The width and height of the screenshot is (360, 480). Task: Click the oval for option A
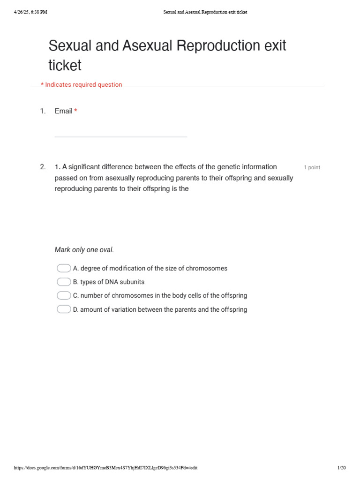(x=64, y=268)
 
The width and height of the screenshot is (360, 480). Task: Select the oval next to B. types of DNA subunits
(x=64, y=282)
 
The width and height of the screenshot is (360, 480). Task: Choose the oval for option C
(x=64, y=295)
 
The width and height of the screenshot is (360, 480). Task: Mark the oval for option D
(x=64, y=309)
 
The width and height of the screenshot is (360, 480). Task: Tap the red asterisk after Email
(x=75, y=111)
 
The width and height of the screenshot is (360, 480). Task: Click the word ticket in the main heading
(x=65, y=66)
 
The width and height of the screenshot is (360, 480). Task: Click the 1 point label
(x=312, y=167)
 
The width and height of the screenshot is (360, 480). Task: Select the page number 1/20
(x=341, y=468)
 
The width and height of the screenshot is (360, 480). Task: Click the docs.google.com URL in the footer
(x=105, y=468)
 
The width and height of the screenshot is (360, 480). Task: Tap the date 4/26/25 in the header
(x=22, y=12)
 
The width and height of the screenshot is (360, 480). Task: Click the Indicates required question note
(x=82, y=85)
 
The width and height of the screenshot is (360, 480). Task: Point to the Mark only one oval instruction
(x=84, y=250)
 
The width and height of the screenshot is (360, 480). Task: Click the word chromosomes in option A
(x=206, y=269)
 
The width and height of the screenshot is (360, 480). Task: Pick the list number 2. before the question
(x=43, y=167)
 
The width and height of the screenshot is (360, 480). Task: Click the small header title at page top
(x=205, y=12)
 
